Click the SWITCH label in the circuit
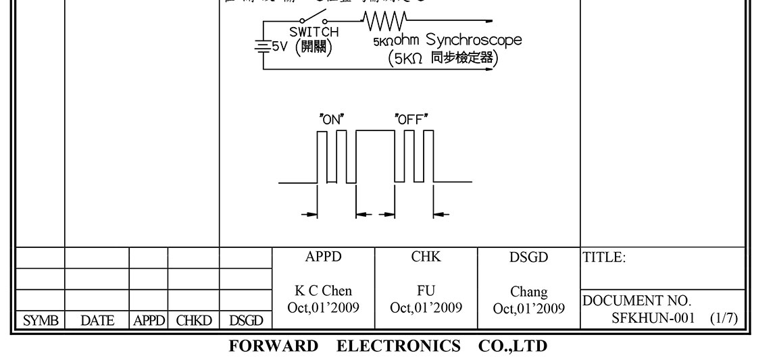(314, 32)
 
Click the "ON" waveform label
(332, 118)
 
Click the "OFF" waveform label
(412, 118)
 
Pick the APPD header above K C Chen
(323, 257)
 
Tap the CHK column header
(426, 257)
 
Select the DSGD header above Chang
(529, 257)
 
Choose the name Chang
(529, 292)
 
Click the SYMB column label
(39, 321)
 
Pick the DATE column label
(97, 321)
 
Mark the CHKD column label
(193, 321)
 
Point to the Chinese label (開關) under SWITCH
(314, 49)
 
